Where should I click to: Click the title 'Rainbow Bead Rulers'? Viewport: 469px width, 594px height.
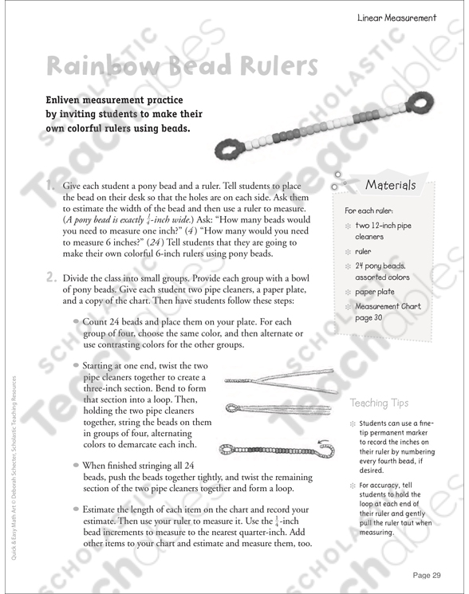(182, 65)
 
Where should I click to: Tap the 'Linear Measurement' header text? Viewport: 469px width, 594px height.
(396, 18)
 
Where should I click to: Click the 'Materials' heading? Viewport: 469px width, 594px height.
(390, 185)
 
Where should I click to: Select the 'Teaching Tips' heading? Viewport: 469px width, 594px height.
(379, 403)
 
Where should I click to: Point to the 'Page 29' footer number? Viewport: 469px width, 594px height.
(427, 575)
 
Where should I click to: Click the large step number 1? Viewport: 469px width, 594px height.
(50, 186)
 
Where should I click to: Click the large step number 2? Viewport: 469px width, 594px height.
(52, 277)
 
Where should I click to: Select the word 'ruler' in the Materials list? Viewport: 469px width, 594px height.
(363, 251)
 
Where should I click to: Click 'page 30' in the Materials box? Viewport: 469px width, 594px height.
(368, 318)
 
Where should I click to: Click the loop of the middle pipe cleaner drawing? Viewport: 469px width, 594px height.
(234, 408)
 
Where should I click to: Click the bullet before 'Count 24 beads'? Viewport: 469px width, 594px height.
(76, 321)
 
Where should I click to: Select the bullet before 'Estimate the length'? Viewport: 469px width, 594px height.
(76, 509)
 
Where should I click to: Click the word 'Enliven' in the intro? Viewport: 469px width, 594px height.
(61, 100)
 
